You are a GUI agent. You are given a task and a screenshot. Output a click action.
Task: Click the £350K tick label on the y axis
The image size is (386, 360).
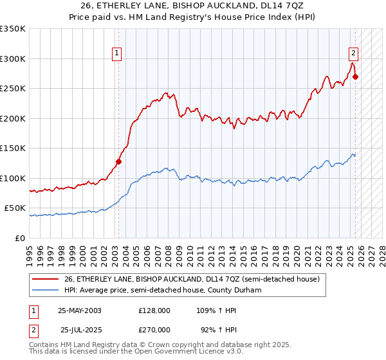coord(13,29)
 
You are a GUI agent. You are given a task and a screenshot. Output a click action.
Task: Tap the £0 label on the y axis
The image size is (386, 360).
coord(20,238)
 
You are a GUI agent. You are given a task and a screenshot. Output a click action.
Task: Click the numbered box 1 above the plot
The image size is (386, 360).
coord(117,54)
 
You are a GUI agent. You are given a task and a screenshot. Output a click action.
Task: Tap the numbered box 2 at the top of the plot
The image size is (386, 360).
coord(354,54)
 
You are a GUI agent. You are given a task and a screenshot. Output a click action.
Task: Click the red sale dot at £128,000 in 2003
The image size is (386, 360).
coord(119,161)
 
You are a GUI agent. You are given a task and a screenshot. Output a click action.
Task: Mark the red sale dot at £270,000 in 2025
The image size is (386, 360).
coord(356,76)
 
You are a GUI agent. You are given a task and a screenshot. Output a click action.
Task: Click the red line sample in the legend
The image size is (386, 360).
coord(46,279)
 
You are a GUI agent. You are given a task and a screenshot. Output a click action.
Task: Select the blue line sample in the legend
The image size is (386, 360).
coord(46,290)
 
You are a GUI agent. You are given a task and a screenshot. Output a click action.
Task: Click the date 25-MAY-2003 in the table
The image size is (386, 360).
coord(80,310)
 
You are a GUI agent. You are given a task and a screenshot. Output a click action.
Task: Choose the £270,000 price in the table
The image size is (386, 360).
coord(154,329)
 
